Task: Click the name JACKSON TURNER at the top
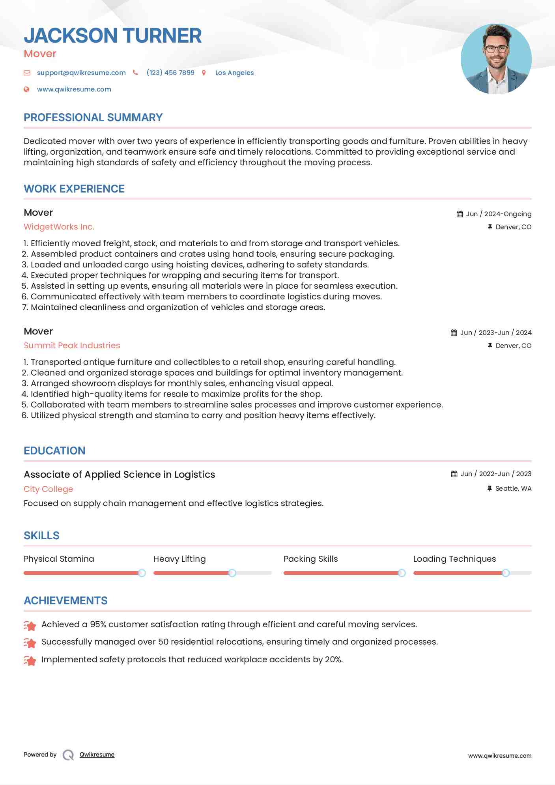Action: pos(112,36)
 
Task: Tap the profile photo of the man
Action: pos(496,59)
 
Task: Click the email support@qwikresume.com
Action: pos(81,73)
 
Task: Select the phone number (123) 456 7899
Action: pos(170,73)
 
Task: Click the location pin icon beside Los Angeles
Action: pos(204,73)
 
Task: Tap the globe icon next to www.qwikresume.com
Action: pos(26,90)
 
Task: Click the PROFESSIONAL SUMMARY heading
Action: pos(93,118)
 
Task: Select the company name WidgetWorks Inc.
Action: pos(59,227)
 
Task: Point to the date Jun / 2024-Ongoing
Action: pos(499,214)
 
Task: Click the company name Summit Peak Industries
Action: pos(72,346)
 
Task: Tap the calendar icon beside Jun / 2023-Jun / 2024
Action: pos(454,333)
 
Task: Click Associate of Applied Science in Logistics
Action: pos(119,475)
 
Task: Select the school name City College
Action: pos(48,489)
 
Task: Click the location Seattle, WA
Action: pos(513,488)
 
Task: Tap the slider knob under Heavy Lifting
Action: pos(232,573)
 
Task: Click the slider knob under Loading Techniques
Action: pos(506,573)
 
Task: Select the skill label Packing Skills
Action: pos(310,559)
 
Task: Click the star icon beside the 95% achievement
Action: pos(30,625)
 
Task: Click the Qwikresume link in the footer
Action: pos(97,755)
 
